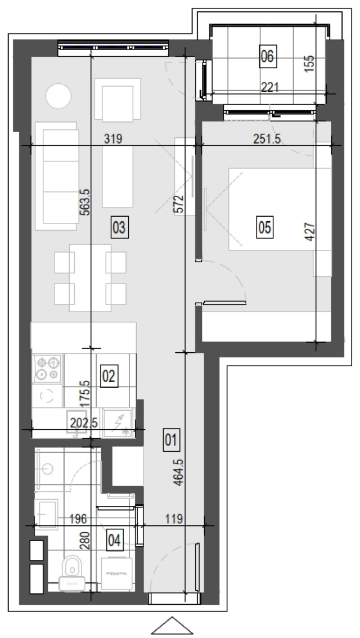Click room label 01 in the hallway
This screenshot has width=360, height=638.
click(x=171, y=439)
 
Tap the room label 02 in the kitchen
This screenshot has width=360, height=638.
click(x=109, y=376)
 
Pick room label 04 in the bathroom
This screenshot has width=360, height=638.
click(x=115, y=541)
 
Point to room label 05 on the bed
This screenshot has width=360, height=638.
click(x=264, y=227)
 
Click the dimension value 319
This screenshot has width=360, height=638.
click(x=113, y=139)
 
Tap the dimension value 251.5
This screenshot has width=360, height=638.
click(x=267, y=139)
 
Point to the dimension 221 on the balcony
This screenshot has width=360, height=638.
click(x=269, y=87)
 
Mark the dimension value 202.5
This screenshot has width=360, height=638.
click(x=84, y=423)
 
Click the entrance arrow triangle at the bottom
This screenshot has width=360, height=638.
click(x=172, y=626)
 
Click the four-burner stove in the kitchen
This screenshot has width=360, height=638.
click(x=48, y=369)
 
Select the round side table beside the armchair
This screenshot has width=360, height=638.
click(x=58, y=96)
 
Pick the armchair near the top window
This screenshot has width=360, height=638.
click(x=118, y=100)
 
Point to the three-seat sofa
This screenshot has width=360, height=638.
click(x=57, y=176)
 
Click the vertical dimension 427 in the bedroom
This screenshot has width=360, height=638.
click(x=310, y=232)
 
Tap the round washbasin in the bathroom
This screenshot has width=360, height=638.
click(x=48, y=469)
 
